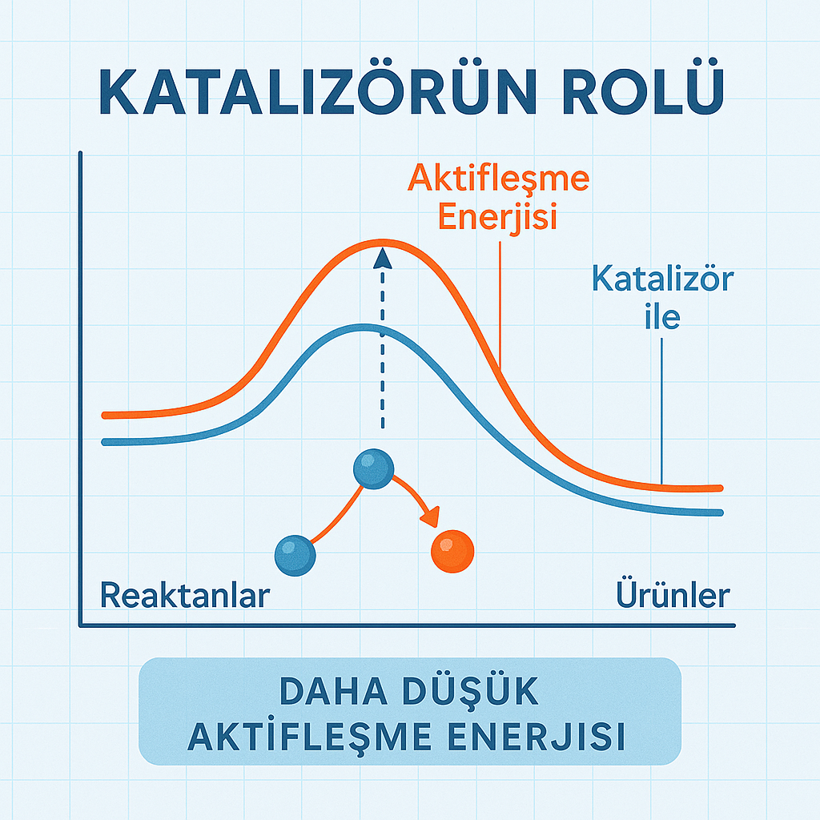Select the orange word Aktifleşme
tap(498, 179)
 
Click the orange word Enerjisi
tap(497, 216)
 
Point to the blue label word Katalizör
tap(662, 279)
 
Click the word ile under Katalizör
tap(662, 316)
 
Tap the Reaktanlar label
tap(185, 595)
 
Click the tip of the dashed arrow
tap(383, 248)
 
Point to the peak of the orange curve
tap(382, 243)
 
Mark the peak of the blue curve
tap(364, 328)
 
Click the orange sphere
tap(452, 551)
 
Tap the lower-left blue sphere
tap(295, 556)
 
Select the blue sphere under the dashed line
tap(373, 469)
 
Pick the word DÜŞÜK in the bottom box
tap(470, 691)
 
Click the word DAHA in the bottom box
tap(333, 691)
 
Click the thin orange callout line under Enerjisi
tap(500, 306)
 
